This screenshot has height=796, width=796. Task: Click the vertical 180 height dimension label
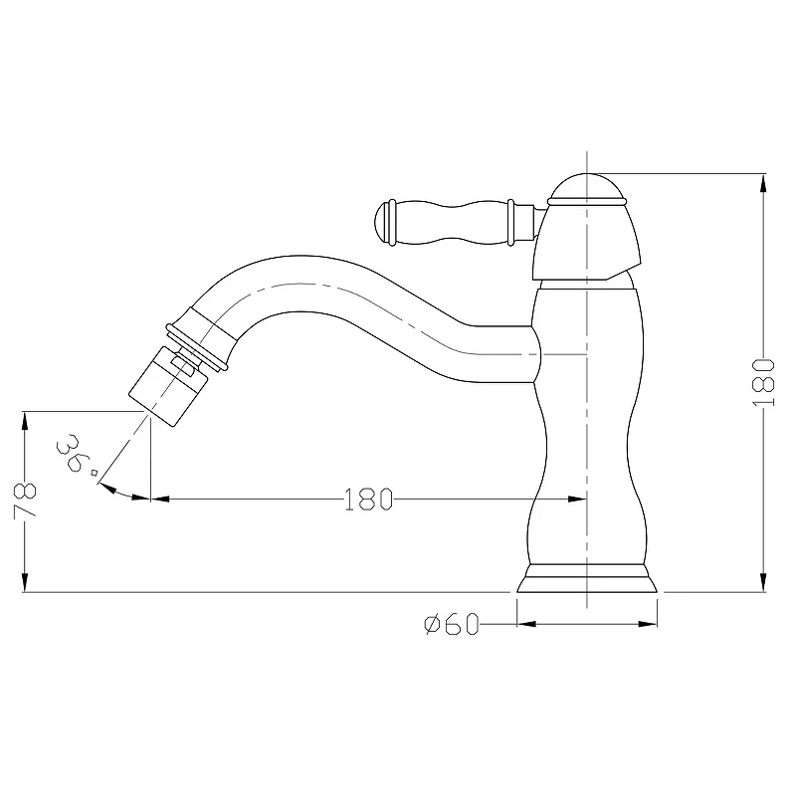coord(763,382)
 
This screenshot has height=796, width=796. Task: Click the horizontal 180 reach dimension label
coord(368,499)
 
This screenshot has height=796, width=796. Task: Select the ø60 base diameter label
coord(452,624)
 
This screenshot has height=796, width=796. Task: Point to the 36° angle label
coord(77,455)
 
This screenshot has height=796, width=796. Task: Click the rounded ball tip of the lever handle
coord(381,222)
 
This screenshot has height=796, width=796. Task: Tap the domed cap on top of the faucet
coord(587,186)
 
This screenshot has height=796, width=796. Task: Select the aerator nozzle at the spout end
coord(167,386)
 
